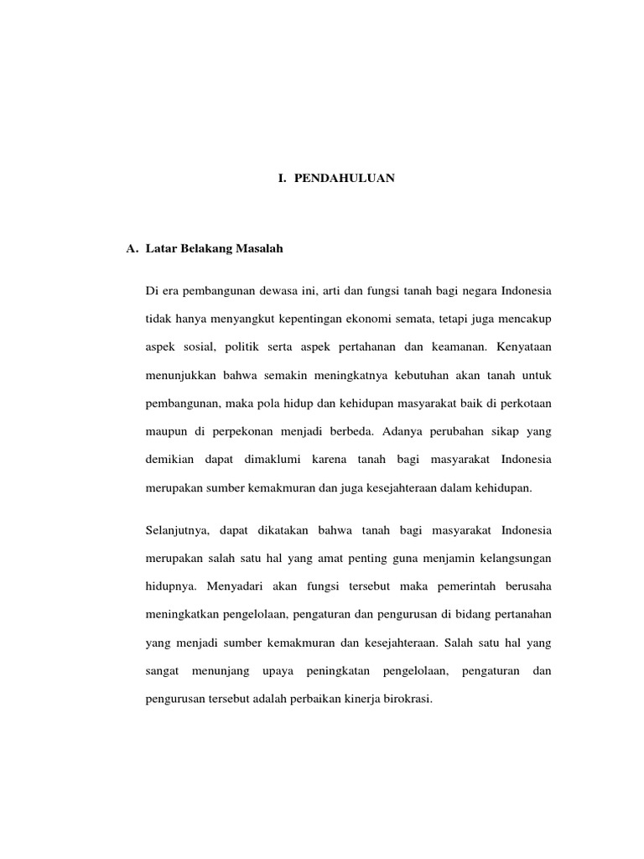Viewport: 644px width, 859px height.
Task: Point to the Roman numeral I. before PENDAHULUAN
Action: [283, 179]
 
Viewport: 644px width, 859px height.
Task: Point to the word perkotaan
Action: [523, 402]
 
